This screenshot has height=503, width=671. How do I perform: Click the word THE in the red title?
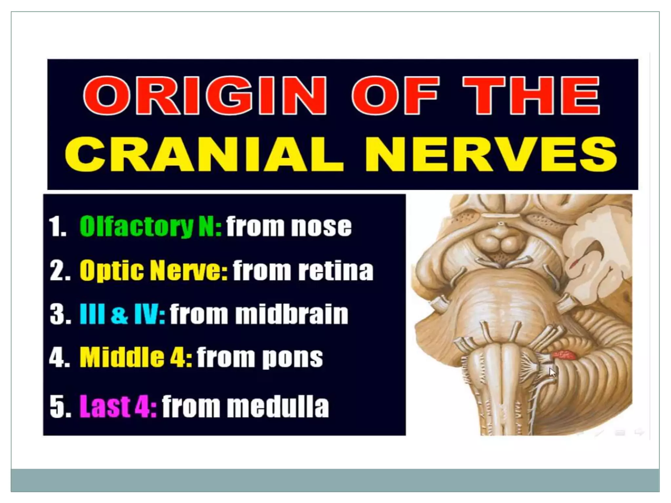[x=531, y=96]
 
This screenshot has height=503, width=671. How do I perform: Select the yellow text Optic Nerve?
[x=153, y=270]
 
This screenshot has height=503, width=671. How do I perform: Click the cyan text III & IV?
[x=122, y=314]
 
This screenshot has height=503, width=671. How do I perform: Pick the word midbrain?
[x=292, y=314]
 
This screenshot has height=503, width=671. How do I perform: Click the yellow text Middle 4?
[x=136, y=357]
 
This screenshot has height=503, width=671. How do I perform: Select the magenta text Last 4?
[x=118, y=406]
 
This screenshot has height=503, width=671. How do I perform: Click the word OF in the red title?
[x=395, y=96]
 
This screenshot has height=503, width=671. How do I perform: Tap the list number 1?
[x=57, y=227]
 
